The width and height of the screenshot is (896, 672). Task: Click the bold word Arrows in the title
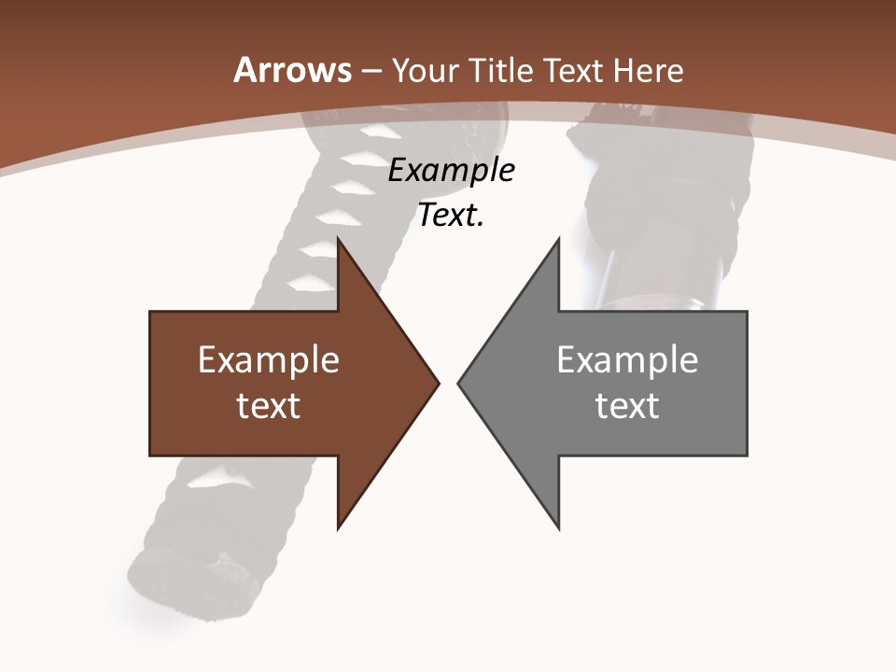pos(292,70)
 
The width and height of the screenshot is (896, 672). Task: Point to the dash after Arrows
pos(371,71)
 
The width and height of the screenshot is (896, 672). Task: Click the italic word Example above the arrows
pos(452,171)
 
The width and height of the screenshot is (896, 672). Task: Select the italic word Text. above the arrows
pos(452,216)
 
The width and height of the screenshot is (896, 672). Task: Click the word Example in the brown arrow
pos(269,360)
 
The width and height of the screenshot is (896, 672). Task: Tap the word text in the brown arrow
pos(269,405)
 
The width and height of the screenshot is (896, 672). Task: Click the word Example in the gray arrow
pos(627,360)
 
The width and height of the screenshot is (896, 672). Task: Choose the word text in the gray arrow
pos(627,405)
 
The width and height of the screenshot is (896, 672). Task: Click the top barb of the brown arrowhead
pos(340,242)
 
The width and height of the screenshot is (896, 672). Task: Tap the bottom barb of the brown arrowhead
pos(340,525)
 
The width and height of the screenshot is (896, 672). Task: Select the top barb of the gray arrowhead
pos(557,242)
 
